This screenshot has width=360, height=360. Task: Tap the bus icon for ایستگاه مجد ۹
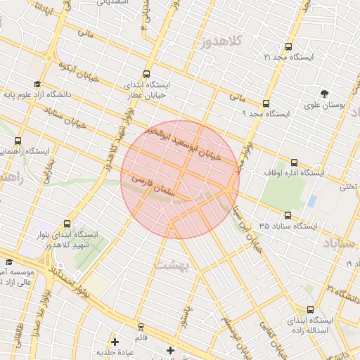click(x=265, y=103)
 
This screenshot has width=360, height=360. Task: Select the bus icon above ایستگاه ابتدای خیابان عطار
click(x=146, y=74)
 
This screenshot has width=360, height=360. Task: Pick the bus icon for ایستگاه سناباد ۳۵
click(x=288, y=216)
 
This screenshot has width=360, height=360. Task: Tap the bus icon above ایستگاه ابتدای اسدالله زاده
click(x=311, y=309)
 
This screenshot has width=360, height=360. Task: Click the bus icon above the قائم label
click(x=141, y=327)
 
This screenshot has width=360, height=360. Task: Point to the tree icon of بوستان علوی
click(x=324, y=94)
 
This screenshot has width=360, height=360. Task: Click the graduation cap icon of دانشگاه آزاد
click(x=37, y=84)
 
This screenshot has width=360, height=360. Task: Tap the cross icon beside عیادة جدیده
click(x=115, y=342)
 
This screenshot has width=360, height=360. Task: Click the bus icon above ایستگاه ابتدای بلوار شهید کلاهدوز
click(x=67, y=224)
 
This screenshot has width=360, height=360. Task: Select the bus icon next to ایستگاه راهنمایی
click(x=18, y=141)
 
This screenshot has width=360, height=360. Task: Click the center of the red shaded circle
click(x=180, y=179)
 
